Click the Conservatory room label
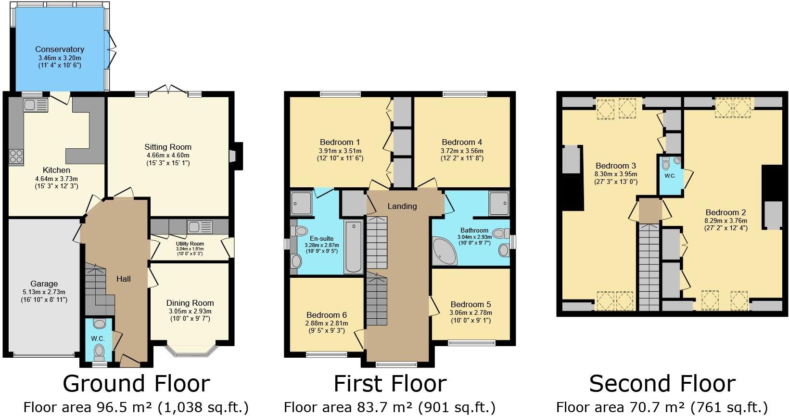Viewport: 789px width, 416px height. coord(60,49)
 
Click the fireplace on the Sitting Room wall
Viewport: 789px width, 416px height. coord(235,156)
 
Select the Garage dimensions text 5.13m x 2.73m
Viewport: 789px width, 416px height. coord(44,292)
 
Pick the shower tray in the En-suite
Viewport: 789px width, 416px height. coord(301,203)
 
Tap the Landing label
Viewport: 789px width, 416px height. coord(402,206)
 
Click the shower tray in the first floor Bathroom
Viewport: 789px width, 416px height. coord(499,204)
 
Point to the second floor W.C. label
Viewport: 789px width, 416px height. coord(670,176)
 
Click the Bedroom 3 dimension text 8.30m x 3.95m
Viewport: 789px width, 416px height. coord(616,174)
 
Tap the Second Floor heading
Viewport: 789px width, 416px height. coord(662,384)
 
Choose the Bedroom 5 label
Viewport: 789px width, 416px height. coord(471,304)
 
